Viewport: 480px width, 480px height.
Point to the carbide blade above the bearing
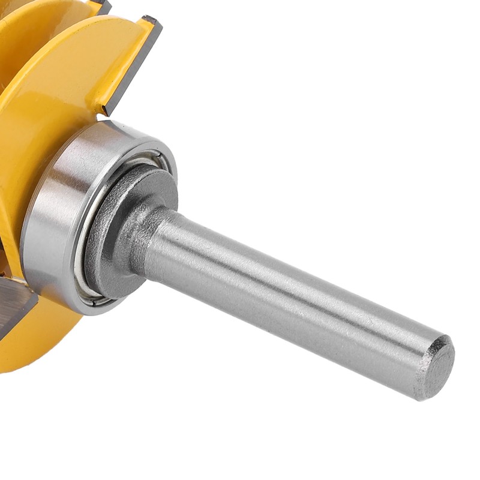(132, 66)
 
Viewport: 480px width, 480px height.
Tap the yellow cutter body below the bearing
(42, 342)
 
